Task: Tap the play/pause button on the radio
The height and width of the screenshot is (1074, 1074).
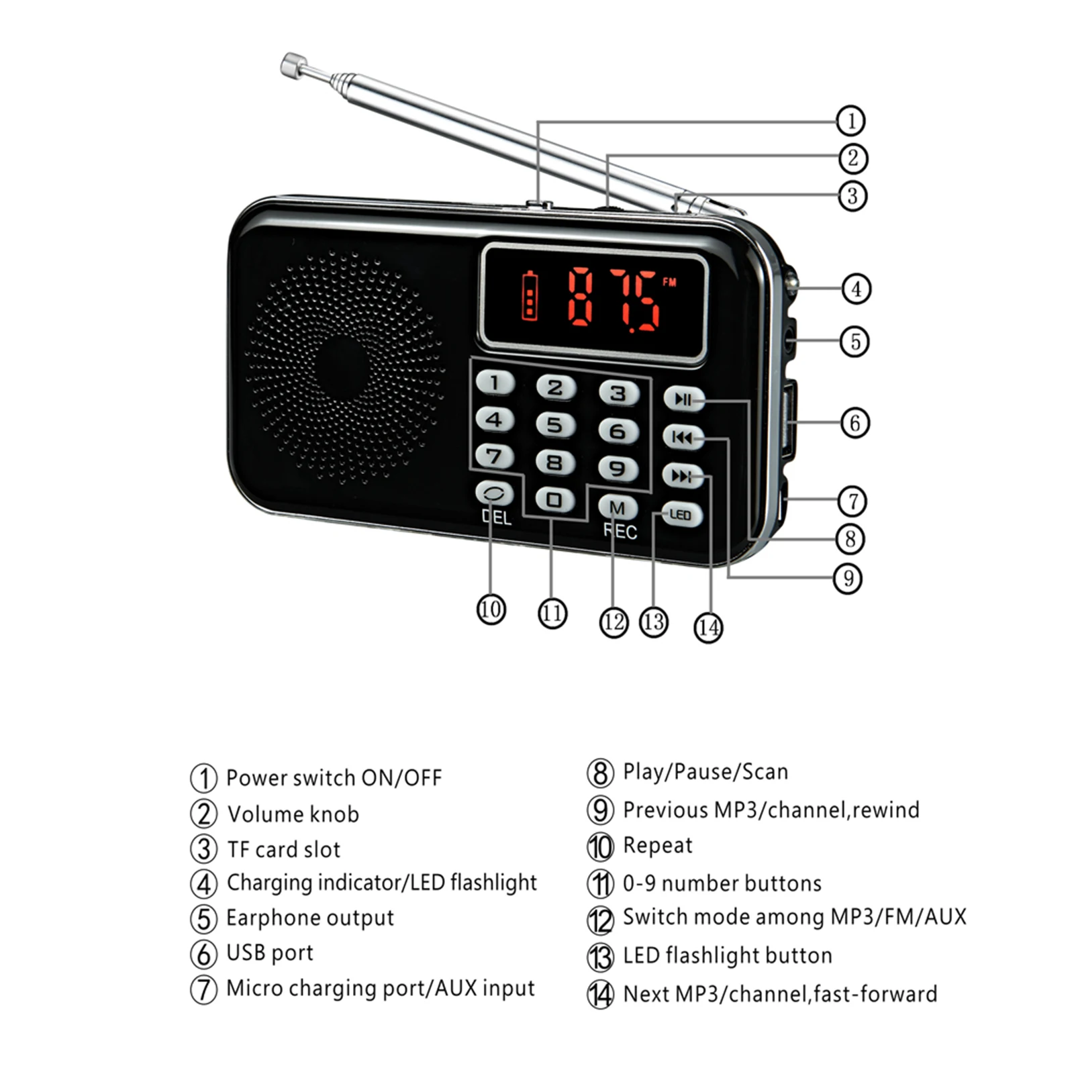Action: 683,399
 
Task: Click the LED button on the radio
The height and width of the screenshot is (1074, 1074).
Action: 681,515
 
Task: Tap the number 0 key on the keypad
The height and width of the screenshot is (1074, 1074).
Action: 554,500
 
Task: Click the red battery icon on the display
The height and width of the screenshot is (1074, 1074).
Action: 530,295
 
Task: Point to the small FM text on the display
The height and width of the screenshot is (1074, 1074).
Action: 669,283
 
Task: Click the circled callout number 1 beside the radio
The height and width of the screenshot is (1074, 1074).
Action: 850,121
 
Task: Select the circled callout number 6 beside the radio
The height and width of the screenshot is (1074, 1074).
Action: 855,423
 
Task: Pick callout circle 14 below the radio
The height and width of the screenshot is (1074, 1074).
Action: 708,628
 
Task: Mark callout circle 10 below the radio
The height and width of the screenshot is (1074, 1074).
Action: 491,609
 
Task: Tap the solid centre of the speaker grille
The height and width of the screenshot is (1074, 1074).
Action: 342,367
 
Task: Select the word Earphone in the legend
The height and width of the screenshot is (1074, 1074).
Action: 272,918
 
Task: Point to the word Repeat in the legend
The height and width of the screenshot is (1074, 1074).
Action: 657,846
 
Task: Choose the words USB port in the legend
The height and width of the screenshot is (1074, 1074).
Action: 270,953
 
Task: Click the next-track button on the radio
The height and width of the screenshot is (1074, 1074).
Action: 682,476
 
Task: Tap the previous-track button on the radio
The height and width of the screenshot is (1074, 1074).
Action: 682,438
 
